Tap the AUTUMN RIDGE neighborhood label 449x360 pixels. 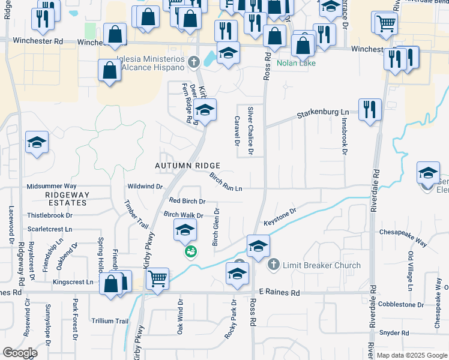click(x=187, y=166)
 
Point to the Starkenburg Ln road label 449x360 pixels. click(x=324, y=113)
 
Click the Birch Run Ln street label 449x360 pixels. click(x=226, y=182)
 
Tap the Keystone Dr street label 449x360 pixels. click(x=280, y=217)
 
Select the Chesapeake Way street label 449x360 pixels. click(x=402, y=237)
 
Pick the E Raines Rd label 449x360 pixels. click(x=279, y=292)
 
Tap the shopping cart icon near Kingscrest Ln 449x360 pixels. click(x=157, y=278)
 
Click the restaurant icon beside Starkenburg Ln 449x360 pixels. click(x=370, y=110)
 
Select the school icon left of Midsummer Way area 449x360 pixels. click(x=37, y=143)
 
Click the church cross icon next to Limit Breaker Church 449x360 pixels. click(x=273, y=264)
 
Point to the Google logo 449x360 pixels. click(x=20, y=353)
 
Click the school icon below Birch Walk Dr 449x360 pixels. click(x=185, y=230)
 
